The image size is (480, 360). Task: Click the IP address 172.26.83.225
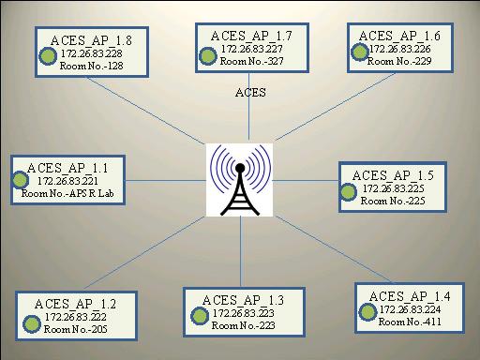(392, 188)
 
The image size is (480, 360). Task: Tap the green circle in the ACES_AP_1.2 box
(27, 319)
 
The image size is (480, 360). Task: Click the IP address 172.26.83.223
(242, 311)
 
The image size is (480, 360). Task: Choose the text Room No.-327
(251, 60)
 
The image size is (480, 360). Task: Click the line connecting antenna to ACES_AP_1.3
(241, 253)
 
